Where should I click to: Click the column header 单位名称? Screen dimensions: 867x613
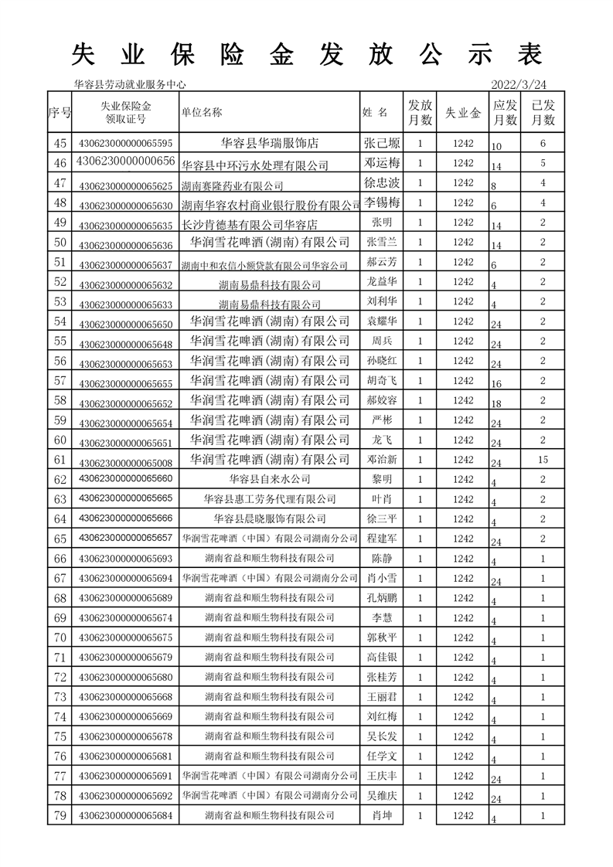click(x=202, y=112)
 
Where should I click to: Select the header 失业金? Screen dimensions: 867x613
click(x=463, y=113)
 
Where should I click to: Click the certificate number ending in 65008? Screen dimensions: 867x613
click(x=126, y=460)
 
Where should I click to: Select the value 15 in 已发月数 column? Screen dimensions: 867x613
click(x=543, y=460)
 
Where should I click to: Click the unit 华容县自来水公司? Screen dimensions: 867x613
click(x=270, y=479)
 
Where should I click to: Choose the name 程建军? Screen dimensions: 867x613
click(x=382, y=539)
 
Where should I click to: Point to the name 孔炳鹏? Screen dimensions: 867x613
click(x=382, y=598)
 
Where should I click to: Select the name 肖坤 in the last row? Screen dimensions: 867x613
click(x=382, y=815)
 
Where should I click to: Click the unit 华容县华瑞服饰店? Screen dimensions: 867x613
click(x=270, y=143)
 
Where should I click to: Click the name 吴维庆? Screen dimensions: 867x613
click(x=382, y=795)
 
